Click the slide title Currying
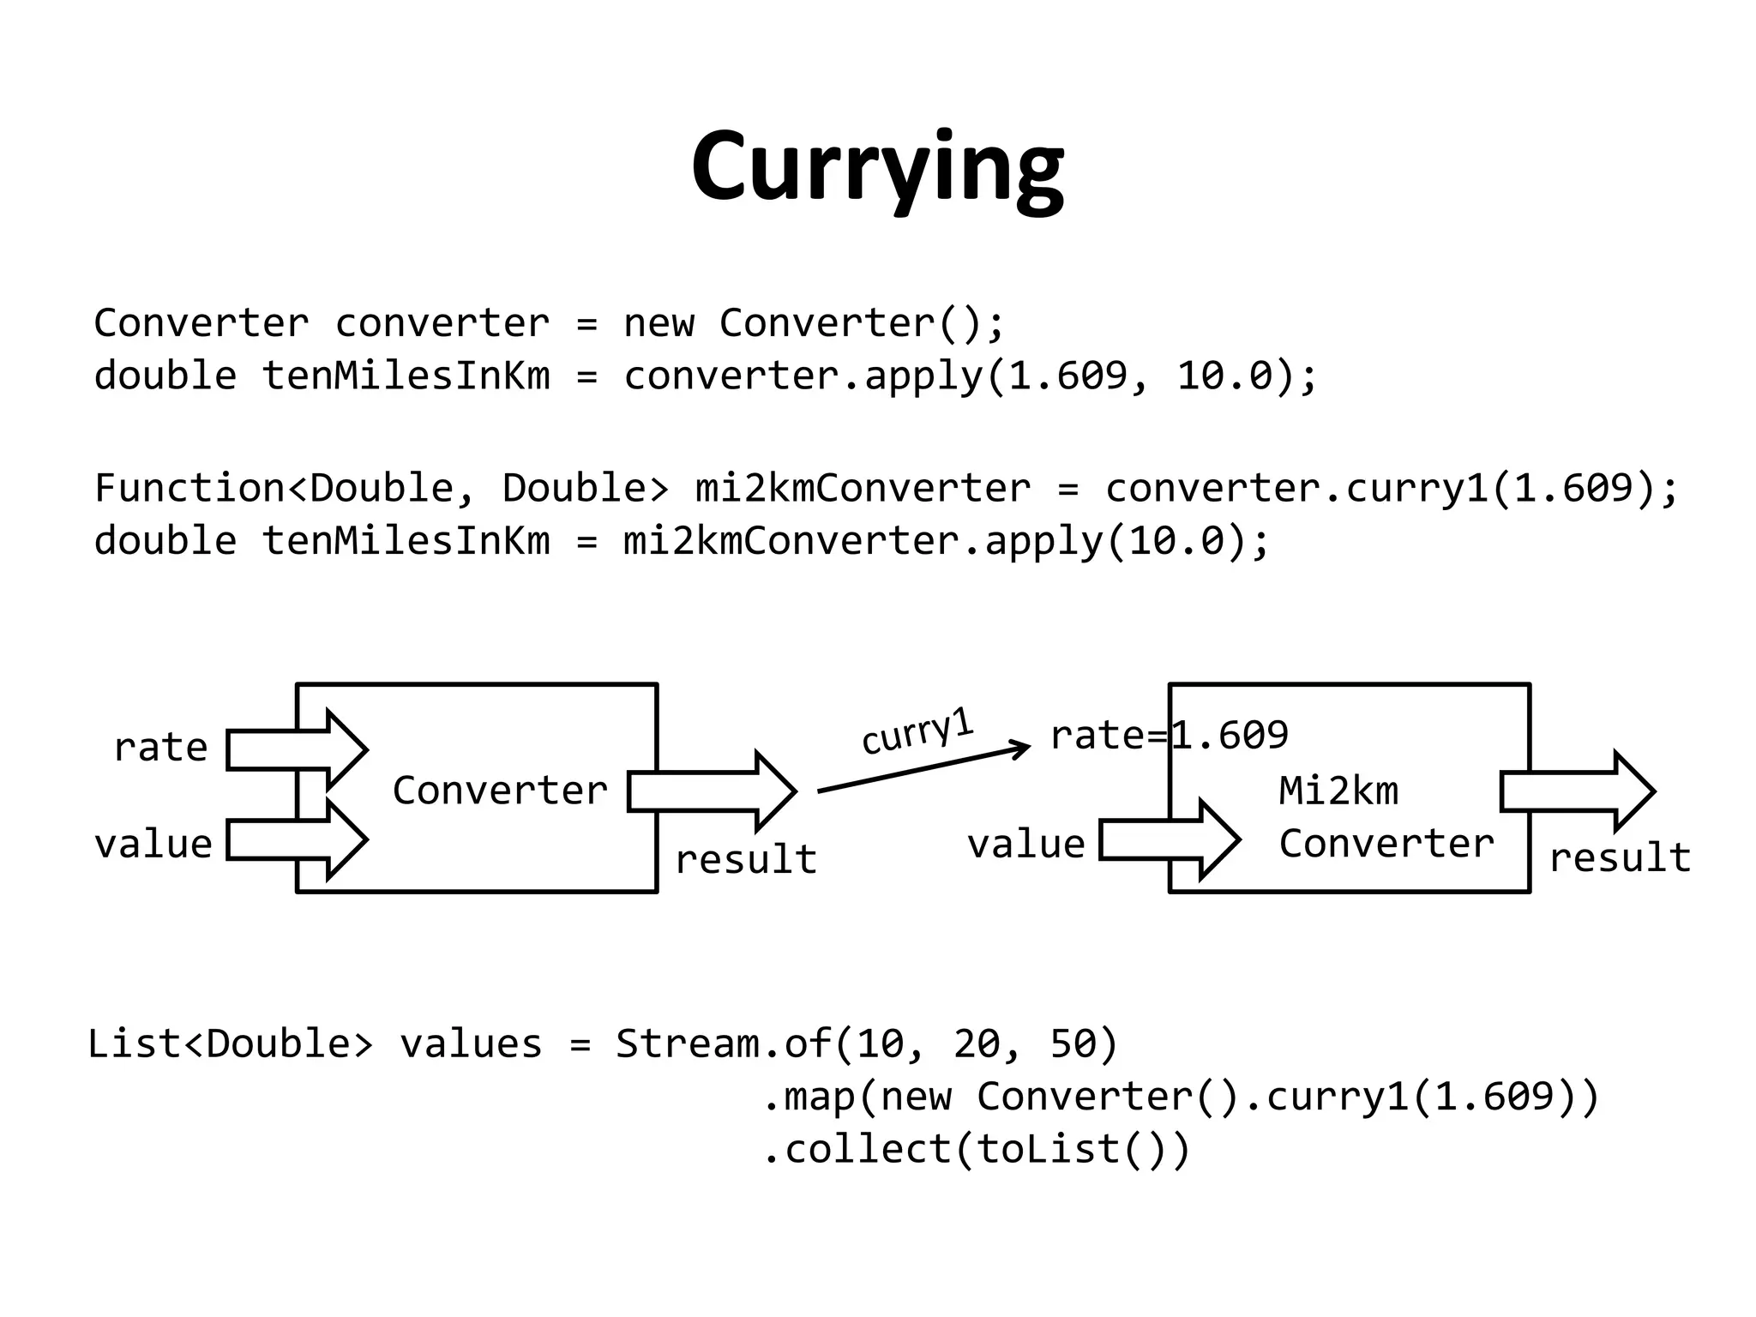[x=877, y=166]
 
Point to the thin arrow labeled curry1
[x=923, y=767]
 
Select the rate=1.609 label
[x=1169, y=735]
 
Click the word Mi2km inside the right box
[x=1338, y=790]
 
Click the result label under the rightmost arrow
[x=1620, y=857]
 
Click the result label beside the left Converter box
[x=746, y=859]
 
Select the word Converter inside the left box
[x=500, y=790]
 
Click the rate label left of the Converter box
[x=161, y=747]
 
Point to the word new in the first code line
[x=658, y=323]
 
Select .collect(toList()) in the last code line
[x=977, y=1149]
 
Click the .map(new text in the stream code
[x=857, y=1097]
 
